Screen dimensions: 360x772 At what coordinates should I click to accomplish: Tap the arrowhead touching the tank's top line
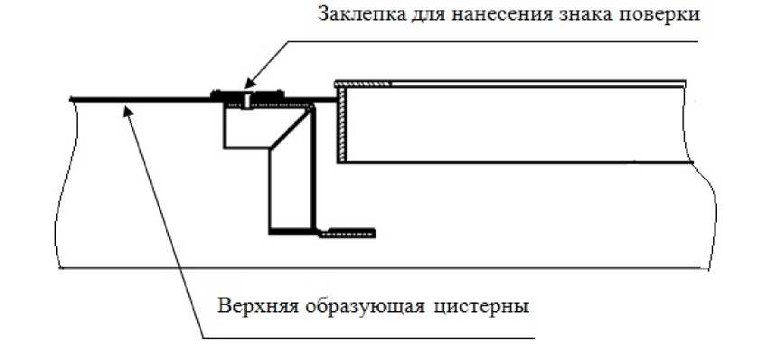click(129, 109)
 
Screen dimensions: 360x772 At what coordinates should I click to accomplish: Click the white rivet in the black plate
click(246, 97)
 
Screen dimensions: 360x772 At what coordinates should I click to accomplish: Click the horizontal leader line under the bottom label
click(362, 338)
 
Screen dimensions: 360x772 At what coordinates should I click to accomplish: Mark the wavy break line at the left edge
click(59, 181)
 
